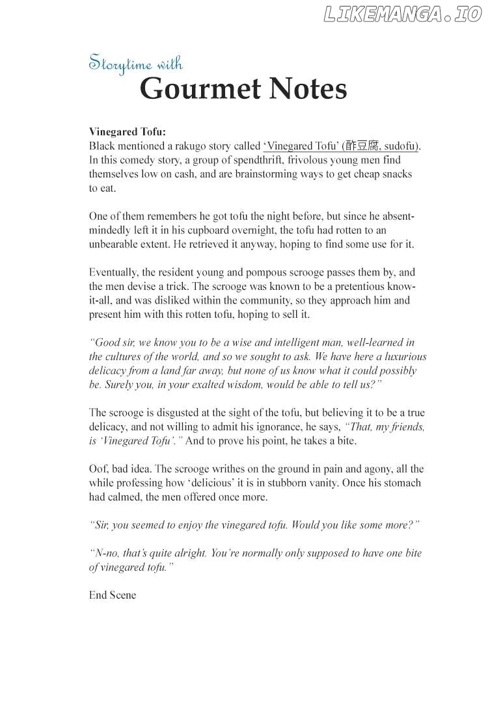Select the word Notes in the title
click(309, 89)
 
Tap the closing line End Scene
click(113, 595)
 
